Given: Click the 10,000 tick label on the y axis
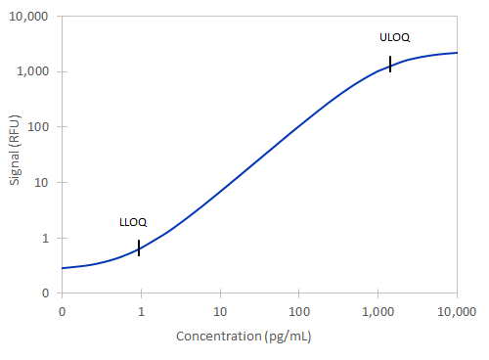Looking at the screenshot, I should (31, 16).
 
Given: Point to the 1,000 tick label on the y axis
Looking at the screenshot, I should (35, 71).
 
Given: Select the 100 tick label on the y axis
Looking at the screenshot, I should (41, 127).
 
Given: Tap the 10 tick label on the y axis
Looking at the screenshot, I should (44, 182).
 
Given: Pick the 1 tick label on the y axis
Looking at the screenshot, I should (47, 238).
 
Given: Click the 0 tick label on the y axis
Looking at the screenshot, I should (47, 293).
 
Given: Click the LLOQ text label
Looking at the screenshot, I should (133, 222).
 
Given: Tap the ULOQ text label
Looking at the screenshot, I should (395, 37).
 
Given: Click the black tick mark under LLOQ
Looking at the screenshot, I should (139, 247).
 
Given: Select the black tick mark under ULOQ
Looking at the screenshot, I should (390, 64).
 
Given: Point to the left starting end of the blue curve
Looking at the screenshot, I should (63, 268).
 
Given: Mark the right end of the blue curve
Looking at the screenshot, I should (457, 53).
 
